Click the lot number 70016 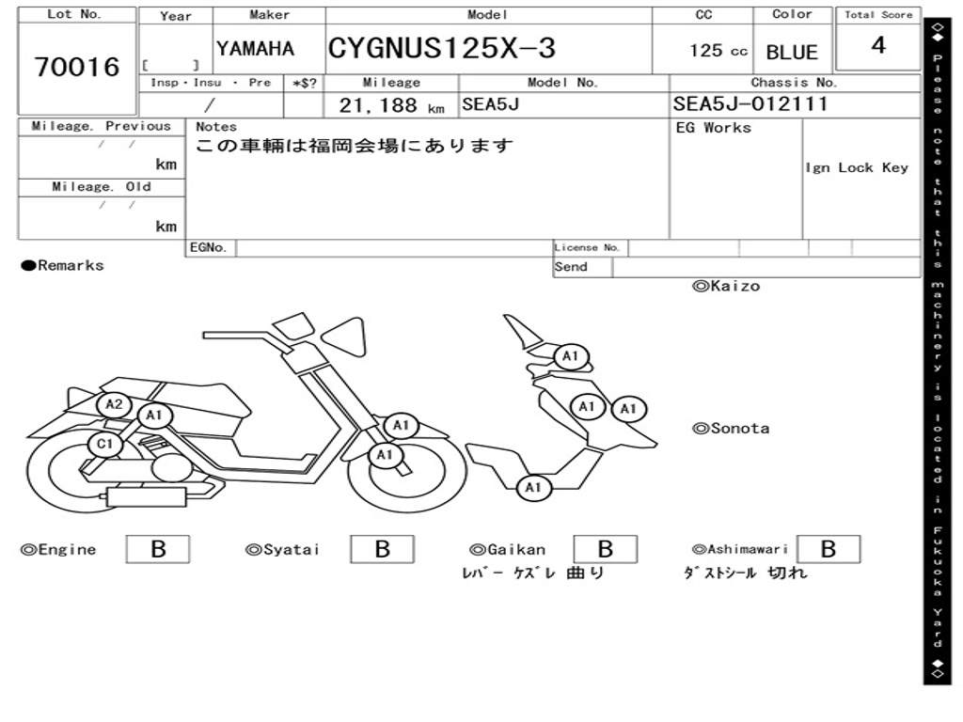click(x=77, y=67)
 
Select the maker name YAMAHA click(x=256, y=49)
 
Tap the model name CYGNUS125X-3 click(x=442, y=48)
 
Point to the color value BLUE click(x=792, y=53)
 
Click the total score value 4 click(x=878, y=45)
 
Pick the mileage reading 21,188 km click(x=391, y=105)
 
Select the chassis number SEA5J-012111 click(x=750, y=103)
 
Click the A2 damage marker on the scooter click(x=114, y=404)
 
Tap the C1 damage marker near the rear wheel click(x=105, y=444)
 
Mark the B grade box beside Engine click(x=158, y=549)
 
